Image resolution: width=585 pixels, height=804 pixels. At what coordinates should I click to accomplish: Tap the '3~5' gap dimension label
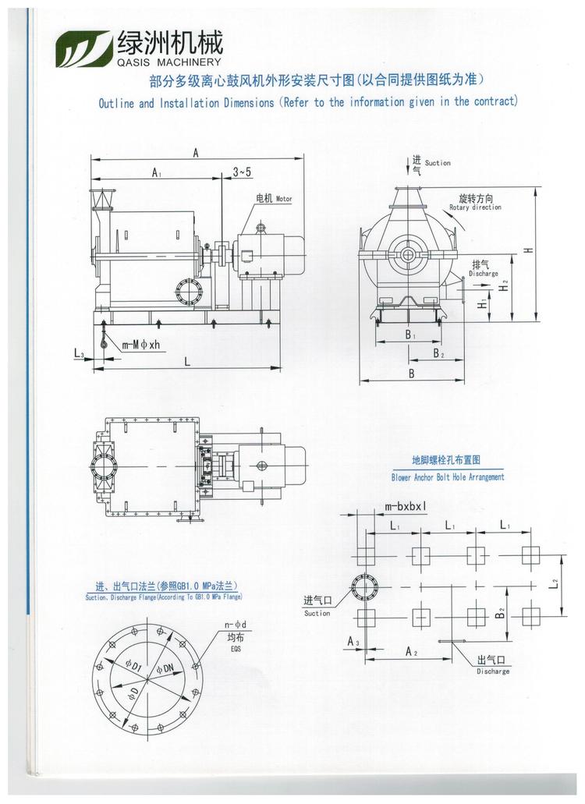(242, 172)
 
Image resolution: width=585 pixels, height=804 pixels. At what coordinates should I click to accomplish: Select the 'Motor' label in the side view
(284, 200)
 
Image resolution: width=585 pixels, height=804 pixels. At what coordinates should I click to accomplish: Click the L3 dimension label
(80, 355)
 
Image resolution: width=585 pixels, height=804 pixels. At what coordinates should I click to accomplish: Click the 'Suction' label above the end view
(438, 163)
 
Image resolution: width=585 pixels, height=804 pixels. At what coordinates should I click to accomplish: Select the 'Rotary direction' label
(475, 207)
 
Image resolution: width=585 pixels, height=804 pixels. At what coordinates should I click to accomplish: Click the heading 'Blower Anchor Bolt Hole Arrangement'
(448, 476)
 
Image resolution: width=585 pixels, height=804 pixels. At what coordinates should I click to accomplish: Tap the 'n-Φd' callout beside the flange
(235, 625)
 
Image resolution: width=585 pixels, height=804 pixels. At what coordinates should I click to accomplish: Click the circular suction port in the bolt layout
(364, 586)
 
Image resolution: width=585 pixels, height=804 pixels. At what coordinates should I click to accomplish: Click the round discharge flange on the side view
(188, 292)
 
